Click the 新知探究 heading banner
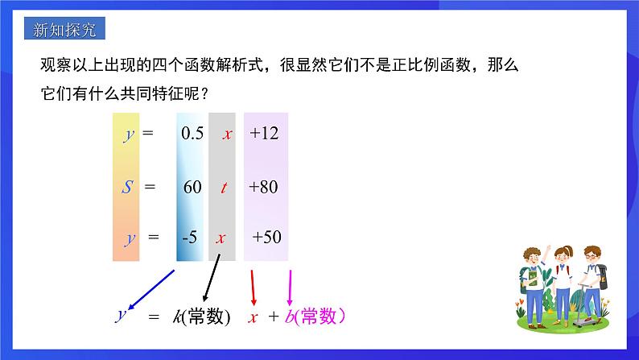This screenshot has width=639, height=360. [x=65, y=28]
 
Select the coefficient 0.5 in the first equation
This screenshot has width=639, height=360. [x=192, y=134]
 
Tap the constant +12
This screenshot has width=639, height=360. [x=264, y=134]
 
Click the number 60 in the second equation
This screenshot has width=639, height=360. [x=192, y=187]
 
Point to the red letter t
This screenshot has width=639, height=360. [x=224, y=188]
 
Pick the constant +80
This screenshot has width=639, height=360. [x=263, y=187]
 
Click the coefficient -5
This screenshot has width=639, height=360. [x=189, y=237]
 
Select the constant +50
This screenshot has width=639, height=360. [x=266, y=237]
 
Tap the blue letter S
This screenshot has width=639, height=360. [x=127, y=187]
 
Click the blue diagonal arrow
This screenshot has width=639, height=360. [x=151, y=289]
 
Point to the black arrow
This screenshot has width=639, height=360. [x=212, y=278]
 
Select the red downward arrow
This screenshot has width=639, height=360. [x=253, y=288]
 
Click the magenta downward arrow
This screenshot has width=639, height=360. [x=290, y=288]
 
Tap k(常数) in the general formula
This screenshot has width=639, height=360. [x=201, y=317]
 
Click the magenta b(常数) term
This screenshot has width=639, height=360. [x=315, y=317]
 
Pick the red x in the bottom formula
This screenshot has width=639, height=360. [x=253, y=317]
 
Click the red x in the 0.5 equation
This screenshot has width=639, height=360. [x=228, y=134]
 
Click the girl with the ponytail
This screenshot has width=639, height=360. [x=563, y=284]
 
